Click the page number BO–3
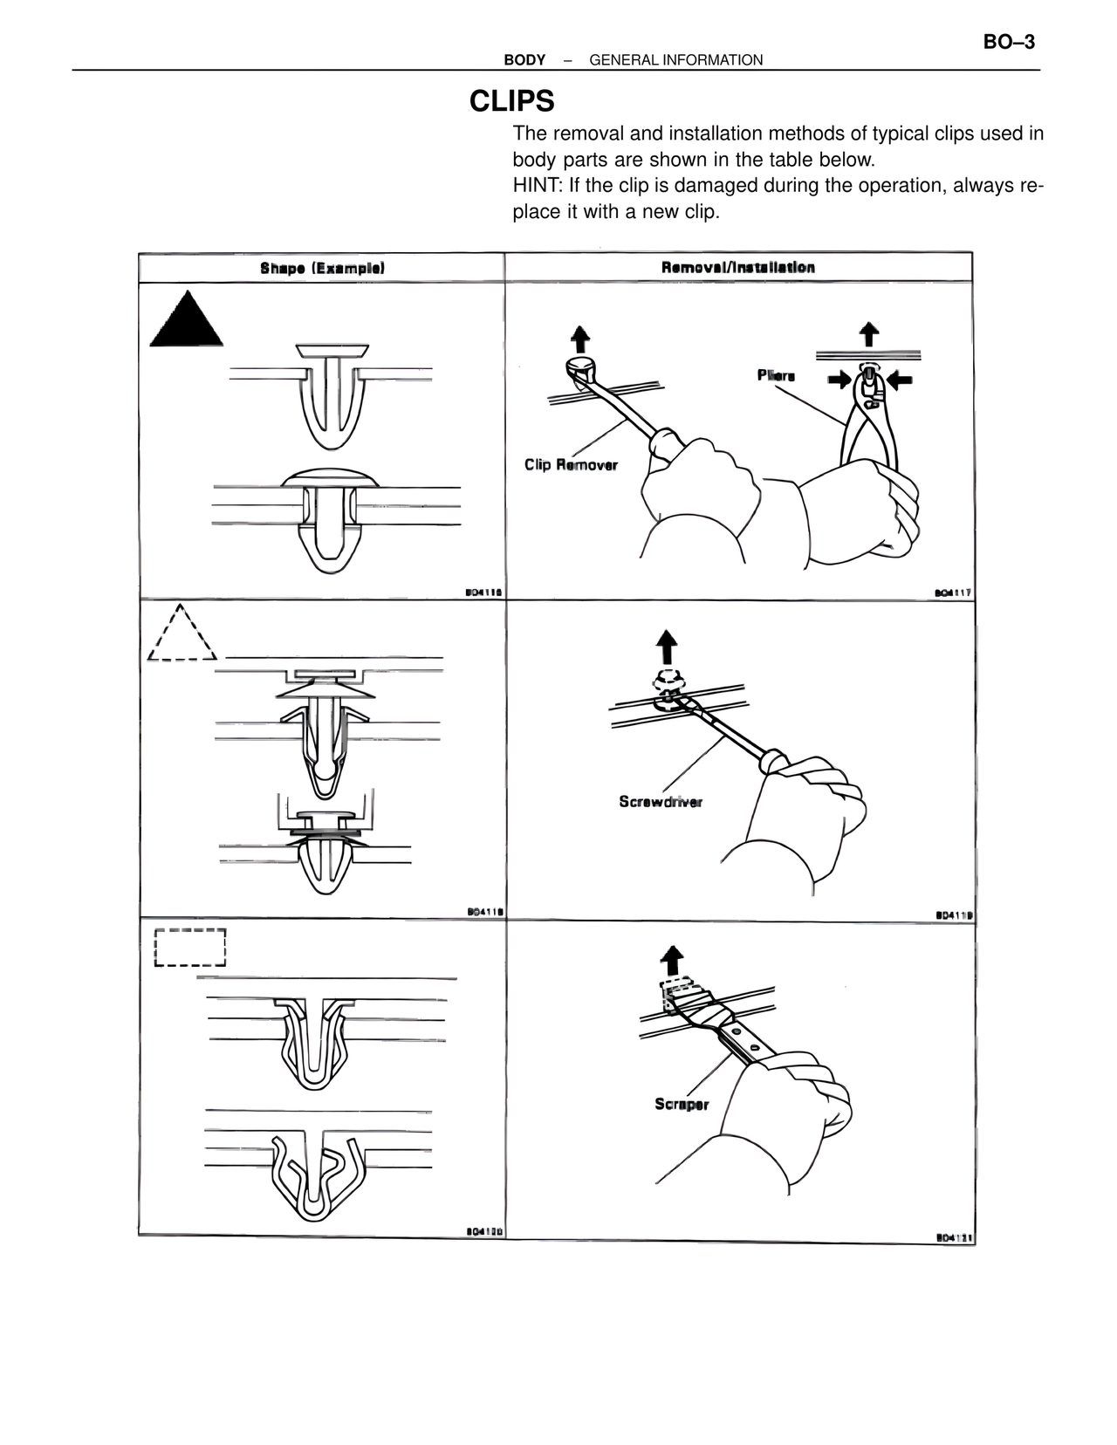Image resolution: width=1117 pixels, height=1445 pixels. [x=1009, y=42]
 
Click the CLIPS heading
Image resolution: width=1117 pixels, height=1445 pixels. [x=511, y=102]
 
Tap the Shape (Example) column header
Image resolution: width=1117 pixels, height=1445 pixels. [x=322, y=268]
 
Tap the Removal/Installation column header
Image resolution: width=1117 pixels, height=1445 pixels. [x=738, y=267]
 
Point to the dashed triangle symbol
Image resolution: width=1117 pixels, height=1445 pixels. [x=182, y=635]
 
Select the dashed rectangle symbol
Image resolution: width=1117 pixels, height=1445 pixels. [x=189, y=947]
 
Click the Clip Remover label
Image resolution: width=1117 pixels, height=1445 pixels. [x=571, y=464]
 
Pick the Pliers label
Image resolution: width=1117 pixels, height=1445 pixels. [x=776, y=375]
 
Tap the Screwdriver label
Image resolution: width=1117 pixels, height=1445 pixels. [x=661, y=801]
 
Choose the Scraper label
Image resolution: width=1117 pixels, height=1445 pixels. [x=682, y=1104]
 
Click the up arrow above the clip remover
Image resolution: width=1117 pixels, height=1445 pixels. [x=579, y=338]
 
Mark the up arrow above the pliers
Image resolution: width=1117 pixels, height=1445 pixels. [x=868, y=333]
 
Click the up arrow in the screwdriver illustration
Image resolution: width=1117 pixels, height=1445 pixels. [x=666, y=647]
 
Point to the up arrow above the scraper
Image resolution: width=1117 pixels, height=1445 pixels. [x=671, y=960]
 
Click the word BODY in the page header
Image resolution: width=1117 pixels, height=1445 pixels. [x=524, y=60]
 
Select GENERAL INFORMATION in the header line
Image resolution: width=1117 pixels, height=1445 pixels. [x=675, y=60]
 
